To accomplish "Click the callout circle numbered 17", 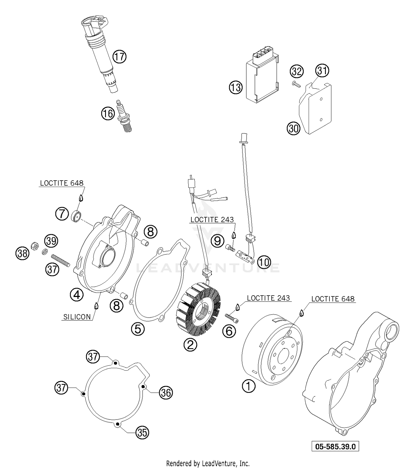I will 120,57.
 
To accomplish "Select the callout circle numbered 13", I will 235,88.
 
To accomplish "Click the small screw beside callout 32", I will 296,84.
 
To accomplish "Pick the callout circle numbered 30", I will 293,128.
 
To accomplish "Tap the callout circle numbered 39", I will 52,241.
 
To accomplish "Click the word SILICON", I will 77,317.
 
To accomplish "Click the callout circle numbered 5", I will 138,329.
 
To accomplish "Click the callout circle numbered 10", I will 264,262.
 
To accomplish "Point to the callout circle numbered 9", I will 217,241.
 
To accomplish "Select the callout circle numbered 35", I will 142,433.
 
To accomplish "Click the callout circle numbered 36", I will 166,393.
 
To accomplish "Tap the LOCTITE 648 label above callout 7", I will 62,183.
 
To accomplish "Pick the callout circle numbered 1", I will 248,386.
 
